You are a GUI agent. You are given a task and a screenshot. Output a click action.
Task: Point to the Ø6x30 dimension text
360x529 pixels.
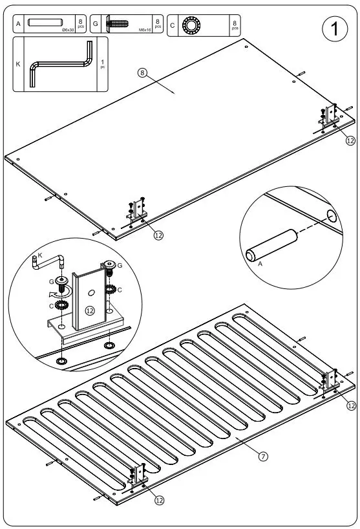66,30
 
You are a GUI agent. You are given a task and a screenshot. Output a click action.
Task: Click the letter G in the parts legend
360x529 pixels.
95,25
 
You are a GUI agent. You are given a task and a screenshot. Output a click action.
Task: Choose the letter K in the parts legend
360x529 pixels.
18,64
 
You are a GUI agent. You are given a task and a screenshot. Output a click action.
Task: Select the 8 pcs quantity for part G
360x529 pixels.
158,25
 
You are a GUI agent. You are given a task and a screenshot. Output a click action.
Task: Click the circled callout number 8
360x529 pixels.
143,72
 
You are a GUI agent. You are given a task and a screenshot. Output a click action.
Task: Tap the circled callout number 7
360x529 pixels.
263,456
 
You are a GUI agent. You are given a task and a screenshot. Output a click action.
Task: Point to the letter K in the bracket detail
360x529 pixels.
40,257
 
